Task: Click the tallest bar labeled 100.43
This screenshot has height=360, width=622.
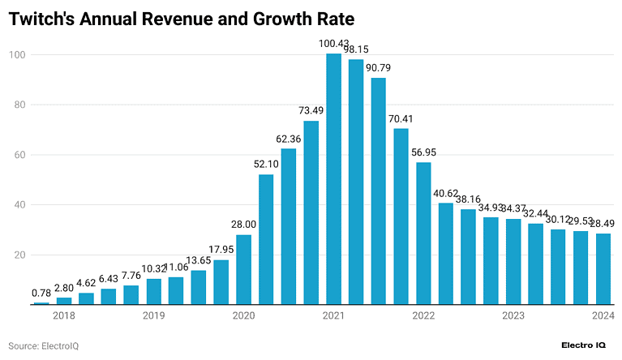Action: point(333,179)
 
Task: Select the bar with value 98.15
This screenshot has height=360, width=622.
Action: point(356,182)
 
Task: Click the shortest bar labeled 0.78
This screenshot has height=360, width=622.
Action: point(41,303)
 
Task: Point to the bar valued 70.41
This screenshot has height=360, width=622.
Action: point(401,216)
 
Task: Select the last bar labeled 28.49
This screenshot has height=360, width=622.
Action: point(603,269)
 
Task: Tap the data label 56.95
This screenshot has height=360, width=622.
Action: point(423,152)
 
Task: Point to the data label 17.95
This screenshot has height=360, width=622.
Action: point(221,249)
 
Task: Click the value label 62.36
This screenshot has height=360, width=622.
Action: point(289,138)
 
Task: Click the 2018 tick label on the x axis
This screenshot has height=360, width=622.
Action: point(64,316)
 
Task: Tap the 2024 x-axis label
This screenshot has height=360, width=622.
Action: point(603,316)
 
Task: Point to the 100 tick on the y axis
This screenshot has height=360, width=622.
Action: point(17,55)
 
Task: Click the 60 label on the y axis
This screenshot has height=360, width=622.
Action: point(19,155)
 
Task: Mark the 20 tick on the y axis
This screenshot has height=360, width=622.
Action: point(19,255)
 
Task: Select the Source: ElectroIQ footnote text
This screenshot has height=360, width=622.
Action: point(43,346)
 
